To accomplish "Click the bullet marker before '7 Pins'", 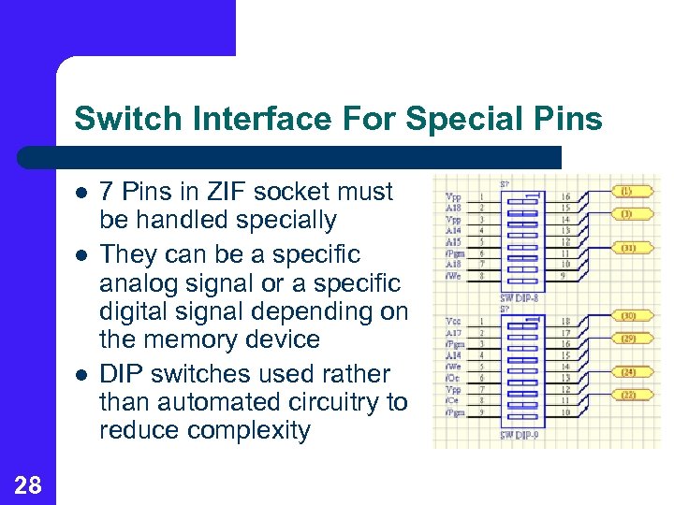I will (x=82, y=193).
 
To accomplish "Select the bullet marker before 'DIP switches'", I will (x=82, y=375).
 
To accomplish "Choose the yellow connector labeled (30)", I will (x=629, y=317).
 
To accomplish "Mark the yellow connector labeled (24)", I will (x=629, y=372).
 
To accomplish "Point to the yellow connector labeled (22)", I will (x=629, y=396).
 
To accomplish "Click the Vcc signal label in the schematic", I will (x=453, y=320).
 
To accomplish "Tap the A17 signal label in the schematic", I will (x=453, y=332).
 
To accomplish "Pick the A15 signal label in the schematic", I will (x=453, y=242).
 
